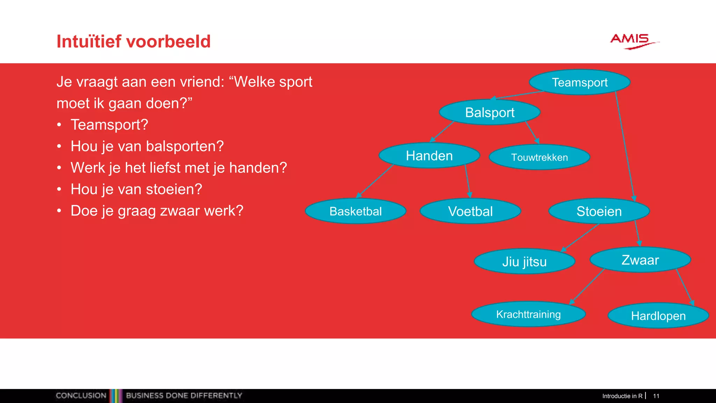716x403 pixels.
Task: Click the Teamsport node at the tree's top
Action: pos(580,83)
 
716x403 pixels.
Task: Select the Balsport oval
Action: pos(489,113)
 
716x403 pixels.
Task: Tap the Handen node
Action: pos(429,156)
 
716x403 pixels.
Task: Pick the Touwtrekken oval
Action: pos(539,157)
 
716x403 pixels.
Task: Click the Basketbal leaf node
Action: pos(356,211)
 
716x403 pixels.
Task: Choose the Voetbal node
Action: pos(470,211)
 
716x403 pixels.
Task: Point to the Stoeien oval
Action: pos(599,211)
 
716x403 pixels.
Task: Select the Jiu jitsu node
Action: pos(524,262)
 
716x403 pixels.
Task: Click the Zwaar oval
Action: pos(640,260)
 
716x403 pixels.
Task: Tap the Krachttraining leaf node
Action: pos(528,314)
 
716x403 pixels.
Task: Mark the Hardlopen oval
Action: pos(658,316)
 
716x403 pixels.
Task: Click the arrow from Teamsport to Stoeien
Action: pos(625,147)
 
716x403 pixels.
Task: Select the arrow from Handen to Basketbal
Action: pos(375,181)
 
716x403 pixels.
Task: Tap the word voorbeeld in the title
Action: pos(168,41)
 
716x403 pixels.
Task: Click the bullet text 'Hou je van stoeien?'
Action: pos(136,189)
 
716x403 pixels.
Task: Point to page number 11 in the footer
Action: pos(656,396)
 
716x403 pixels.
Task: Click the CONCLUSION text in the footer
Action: pos(81,396)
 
